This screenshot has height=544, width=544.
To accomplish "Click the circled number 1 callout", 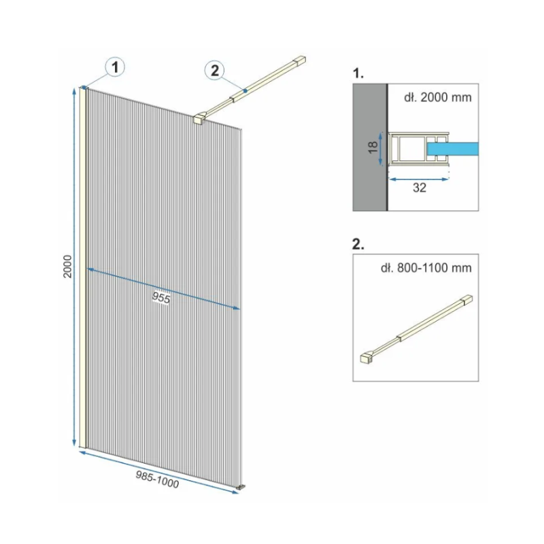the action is [115, 67].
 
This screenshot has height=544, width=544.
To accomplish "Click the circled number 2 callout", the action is [215, 71].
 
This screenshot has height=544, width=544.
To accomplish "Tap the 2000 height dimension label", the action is [67, 266].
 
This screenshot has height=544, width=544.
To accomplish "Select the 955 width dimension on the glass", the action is [161, 298].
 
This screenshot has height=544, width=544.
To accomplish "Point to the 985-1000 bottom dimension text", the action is [157, 479].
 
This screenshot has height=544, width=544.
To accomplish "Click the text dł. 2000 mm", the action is [438, 97].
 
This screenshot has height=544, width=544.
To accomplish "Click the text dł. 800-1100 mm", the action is [426, 268].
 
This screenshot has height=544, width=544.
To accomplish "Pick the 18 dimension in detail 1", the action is [373, 148].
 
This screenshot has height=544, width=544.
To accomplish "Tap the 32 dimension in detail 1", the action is [419, 188].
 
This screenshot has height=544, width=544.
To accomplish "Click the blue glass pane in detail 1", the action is [453, 148].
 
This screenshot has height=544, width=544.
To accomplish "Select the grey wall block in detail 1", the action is [370, 147].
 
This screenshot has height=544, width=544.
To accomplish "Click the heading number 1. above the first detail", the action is [358, 73].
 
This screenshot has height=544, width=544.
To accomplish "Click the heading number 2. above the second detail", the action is [358, 244].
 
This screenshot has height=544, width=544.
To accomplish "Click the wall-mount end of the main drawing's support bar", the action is [300, 61].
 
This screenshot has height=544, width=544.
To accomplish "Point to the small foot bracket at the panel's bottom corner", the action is [241, 487].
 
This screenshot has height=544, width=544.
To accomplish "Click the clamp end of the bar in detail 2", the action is [367, 358].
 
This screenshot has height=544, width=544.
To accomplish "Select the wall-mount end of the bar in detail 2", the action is [467, 300].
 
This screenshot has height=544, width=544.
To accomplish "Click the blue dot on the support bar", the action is [245, 91].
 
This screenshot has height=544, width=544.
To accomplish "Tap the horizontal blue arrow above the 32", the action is [419, 180].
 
